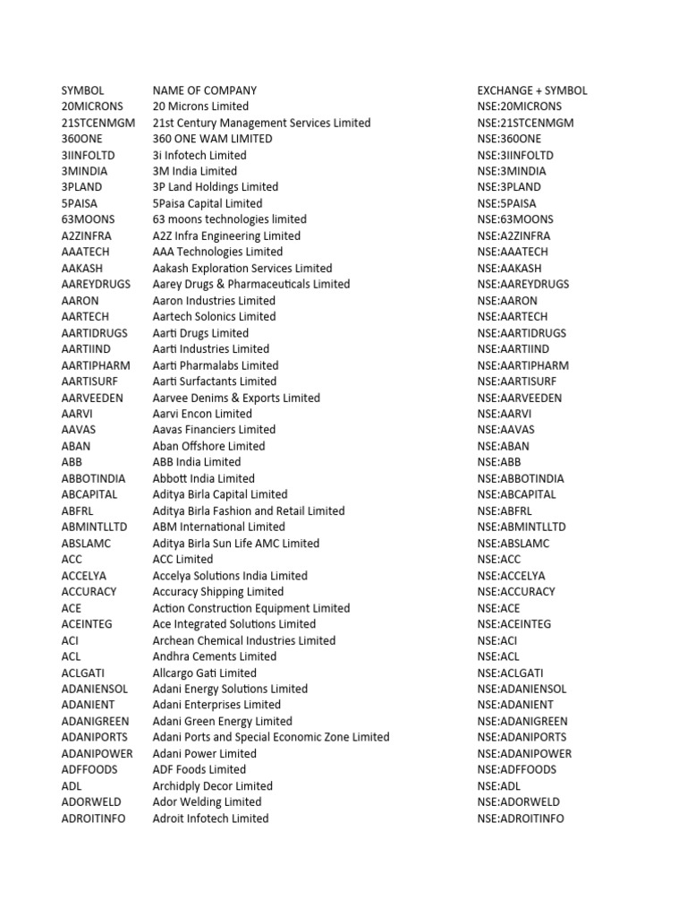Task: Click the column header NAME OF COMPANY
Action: [x=204, y=90]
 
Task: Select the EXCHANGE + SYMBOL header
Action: [x=532, y=90]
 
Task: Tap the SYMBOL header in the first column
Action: [x=82, y=90]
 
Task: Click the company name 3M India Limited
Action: [x=195, y=171]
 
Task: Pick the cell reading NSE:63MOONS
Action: [x=515, y=219]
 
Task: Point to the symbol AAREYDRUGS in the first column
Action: [x=96, y=284]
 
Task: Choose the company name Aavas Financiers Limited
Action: [x=215, y=430]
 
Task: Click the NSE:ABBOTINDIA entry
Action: [x=521, y=478]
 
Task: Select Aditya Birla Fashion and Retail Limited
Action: [x=249, y=510]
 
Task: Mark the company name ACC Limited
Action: [x=182, y=559]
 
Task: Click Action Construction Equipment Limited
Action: [x=251, y=608]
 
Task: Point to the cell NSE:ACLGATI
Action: [x=511, y=673]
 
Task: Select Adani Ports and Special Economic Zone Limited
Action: [x=271, y=737]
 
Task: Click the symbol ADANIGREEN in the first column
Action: [x=95, y=721]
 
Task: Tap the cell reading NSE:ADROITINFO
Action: [x=521, y=818]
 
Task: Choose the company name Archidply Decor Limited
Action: [x=213, y=785]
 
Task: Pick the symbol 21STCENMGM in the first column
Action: [x=98, y=123]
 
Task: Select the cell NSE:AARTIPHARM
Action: [x=523, y=365]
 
